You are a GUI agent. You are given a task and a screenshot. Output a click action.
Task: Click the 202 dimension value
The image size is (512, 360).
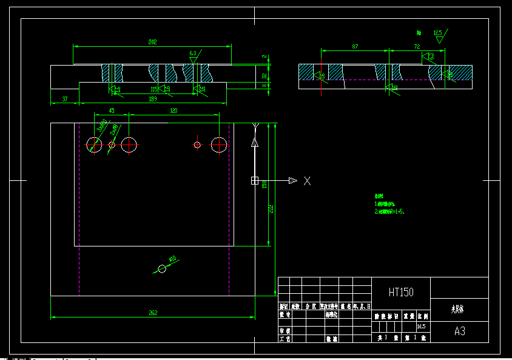(152, 42)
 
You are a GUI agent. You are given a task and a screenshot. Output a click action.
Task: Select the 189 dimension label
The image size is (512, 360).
(153, 98)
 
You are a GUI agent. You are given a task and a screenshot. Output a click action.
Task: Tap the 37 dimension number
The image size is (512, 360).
(65, 98)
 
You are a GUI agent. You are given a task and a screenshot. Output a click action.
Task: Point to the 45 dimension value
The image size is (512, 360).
(112, 110)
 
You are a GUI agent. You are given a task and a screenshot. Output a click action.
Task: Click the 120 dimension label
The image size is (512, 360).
(173, 110)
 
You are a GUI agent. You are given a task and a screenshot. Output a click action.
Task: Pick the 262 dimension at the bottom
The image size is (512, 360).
(153, 313)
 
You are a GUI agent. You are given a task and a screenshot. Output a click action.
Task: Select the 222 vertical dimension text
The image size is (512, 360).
(271, 208)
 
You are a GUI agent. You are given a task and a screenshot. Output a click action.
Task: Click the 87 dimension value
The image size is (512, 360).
(355, 47)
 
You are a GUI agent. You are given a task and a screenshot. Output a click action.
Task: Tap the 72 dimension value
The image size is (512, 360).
(417, 47)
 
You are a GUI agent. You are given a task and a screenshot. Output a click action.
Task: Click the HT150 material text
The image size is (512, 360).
(401, 292)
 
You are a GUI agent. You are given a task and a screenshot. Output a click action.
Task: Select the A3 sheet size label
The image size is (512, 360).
(460, 331)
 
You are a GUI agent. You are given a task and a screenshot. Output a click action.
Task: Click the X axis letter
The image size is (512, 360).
(308, 180)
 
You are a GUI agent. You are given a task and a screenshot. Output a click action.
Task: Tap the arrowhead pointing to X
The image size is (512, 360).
(292, 180)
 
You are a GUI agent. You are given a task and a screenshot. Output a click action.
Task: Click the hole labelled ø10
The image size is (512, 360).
(162, 268)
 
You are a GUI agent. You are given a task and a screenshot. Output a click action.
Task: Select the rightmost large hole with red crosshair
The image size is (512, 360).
(219, 144)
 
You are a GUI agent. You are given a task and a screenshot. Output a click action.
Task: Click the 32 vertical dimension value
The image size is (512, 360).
(264, 75)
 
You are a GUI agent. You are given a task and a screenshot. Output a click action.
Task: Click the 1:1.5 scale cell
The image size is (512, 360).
(422, 326)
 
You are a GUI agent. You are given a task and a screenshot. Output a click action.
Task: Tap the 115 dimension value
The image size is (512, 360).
(153, 90)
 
